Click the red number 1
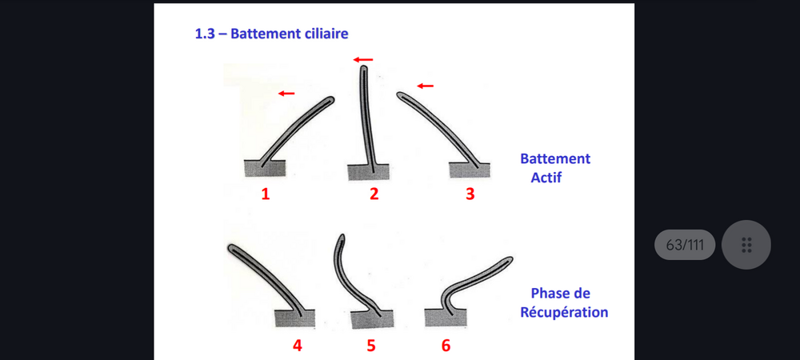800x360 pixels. (x=266, y=194)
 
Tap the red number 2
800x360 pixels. (x=374, y=194)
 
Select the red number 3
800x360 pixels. (x=470, y=194)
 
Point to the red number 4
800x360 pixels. (x=297, y=346)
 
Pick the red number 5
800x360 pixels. (x=371, y=346)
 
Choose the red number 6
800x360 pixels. (x=446, y=346)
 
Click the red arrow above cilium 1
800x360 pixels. (x=286, y=94)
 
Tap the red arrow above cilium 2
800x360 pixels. (x=362, y=60)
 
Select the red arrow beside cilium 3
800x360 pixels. (x=425, y=86)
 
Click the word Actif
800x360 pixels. (x=546, y=178)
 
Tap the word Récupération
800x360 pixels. (x=564, y=312)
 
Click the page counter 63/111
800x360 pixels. (x=685, y=245)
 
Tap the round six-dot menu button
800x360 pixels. (x=746, y=245)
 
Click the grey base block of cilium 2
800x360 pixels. (x=368, y=172)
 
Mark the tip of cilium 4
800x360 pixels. (x=230, y=248)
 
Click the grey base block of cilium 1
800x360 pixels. (x=265, y=168)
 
